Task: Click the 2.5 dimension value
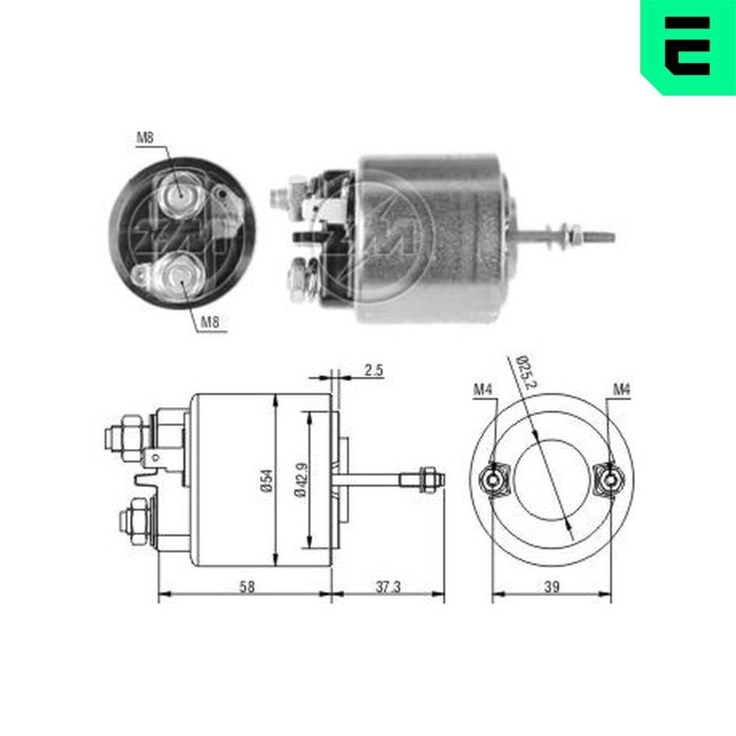pyautogui.click(x=374, y=371)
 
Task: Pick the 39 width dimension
pyautogui.click(x=552, y=587)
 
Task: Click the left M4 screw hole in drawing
pyautogui.click(x=492, y=481)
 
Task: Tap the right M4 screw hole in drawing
pyautogui.click(x=610, y=481)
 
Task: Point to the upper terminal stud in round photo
pyautogui.click(x=180, y=196)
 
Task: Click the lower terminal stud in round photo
pyautogui.click(x=177, y=277)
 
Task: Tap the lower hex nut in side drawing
pyautogui.click(x=137, y=519)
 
